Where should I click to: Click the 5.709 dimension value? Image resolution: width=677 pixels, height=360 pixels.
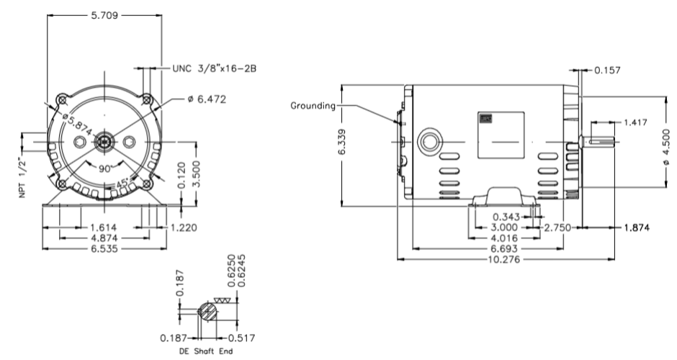click(104, 14)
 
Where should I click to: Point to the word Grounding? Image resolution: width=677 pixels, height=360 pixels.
click(313, 106)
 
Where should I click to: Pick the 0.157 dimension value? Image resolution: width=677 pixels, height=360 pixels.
click(609, 71)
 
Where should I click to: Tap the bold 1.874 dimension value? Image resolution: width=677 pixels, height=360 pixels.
click(637, 227)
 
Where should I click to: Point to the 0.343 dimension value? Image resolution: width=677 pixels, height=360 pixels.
click(508, 216)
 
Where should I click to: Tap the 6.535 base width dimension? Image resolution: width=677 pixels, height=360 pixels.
click(104, 248)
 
